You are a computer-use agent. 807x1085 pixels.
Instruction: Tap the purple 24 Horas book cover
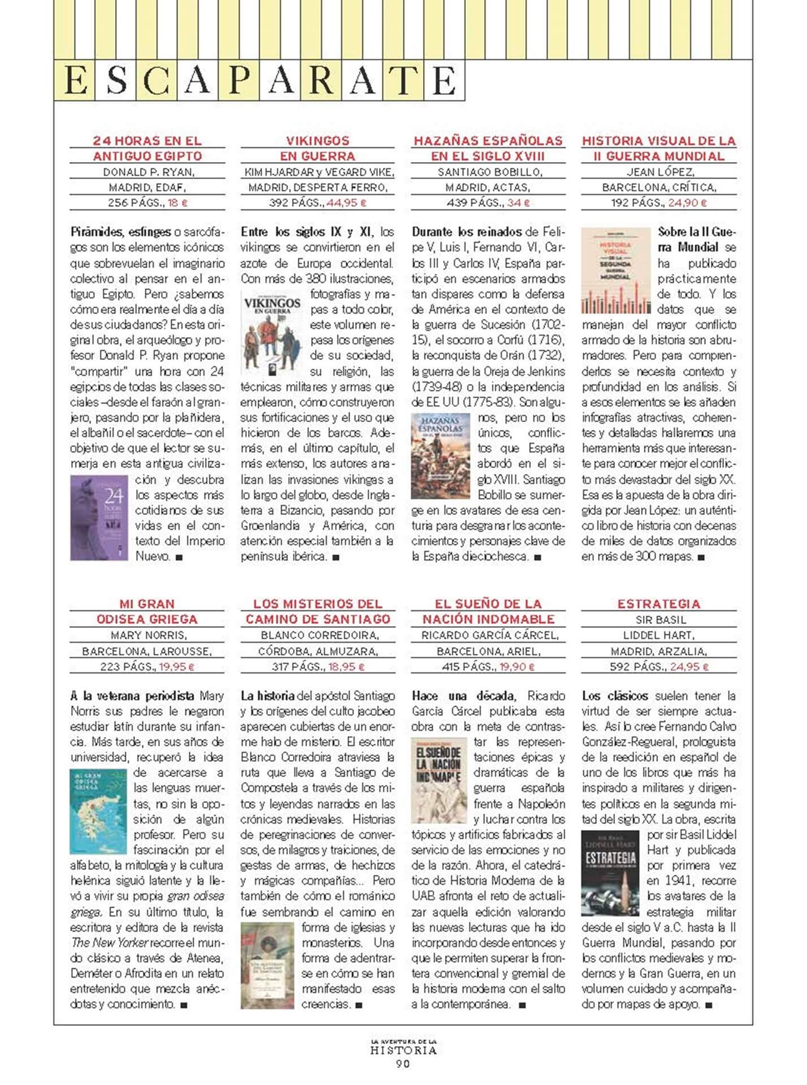(x=99, y=518)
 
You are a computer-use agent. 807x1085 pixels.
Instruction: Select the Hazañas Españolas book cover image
(x=440, y=456)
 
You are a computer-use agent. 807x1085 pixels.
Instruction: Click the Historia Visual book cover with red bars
(x=616, y=271)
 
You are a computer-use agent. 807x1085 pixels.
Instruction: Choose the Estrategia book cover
(x=610, y=873)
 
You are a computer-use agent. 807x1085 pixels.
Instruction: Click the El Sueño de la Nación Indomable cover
(x=439, y=780)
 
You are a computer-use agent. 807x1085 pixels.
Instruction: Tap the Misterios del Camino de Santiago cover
(x=267, y=966)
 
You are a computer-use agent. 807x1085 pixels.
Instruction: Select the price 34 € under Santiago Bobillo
(x=514, y=203)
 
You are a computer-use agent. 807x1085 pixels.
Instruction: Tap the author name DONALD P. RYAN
(x=148, y=172)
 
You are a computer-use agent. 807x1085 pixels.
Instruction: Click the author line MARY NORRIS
(x=148, y=635)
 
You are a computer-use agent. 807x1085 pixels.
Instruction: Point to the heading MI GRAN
(x=147, y=604)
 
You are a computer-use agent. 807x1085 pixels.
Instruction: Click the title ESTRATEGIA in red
(x=658, y=604)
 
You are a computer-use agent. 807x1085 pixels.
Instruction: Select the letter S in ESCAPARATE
(x=116, y=81)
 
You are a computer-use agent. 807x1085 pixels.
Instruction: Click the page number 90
(x=403, y=1064)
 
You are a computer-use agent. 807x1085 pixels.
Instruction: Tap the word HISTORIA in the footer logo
(x=403, y=1051)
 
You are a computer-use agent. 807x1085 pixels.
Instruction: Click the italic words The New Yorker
(x=110, y=943)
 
